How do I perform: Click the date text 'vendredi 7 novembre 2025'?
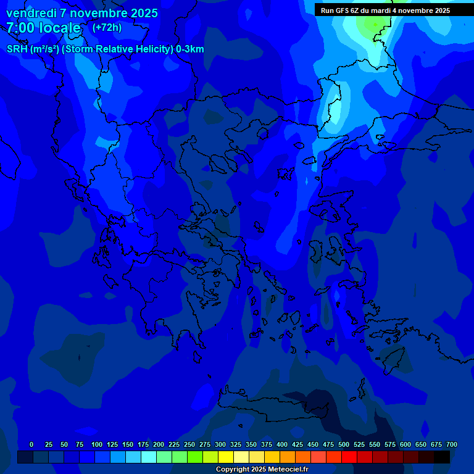pos(81,13)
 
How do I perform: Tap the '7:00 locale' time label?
pos(43,28)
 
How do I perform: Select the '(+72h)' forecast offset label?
pos(107,27)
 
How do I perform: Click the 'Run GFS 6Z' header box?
pos(385,10)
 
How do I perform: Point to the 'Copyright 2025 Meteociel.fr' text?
pos(262,469)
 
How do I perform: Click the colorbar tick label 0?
pos(31,444)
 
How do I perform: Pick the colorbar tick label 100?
pos(97,444)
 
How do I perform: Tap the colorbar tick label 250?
pos(189,444)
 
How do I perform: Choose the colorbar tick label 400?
pos(282,444)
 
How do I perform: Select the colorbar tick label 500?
pos(344,444)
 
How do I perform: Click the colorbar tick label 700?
pos(452,444)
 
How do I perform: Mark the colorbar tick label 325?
pos(236,444)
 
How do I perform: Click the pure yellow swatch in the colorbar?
pos(226,457)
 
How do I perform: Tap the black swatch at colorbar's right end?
pos(442,457)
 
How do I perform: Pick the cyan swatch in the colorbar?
pos(149,457)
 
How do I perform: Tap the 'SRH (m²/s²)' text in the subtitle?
pos(33,49)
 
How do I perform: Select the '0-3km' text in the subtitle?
pos(190,49)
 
